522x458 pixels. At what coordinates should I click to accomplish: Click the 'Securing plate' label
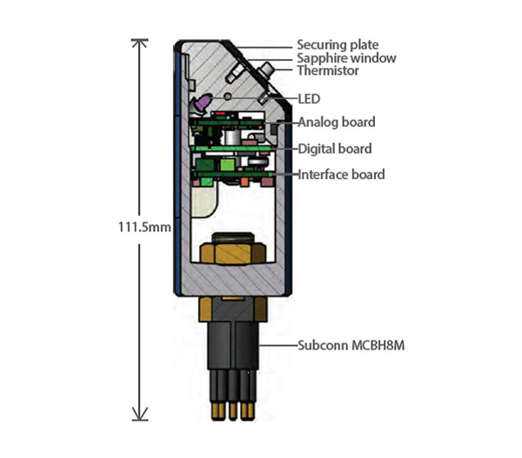(x=338, y=44)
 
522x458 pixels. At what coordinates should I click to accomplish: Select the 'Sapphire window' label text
(x=346, y=57)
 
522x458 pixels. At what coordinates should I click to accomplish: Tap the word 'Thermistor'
(x=329, y=70)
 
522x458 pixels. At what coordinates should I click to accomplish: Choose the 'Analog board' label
(x=337, y=122)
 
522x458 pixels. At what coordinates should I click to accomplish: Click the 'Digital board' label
(x=335, y=149)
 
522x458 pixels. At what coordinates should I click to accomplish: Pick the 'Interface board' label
(x=341, y=175)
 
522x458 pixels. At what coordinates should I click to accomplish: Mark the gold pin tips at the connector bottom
(x=231, y=408)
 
